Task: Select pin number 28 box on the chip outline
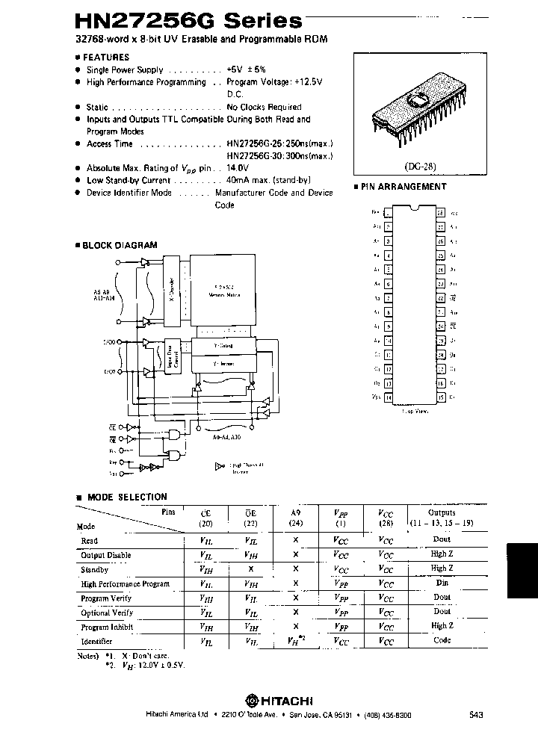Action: [442, 213]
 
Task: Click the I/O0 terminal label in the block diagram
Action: [110, 341]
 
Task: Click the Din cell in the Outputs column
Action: [442, 583]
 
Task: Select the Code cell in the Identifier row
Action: [442, 640]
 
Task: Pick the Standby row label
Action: [95, 569]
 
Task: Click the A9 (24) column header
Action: [296, 518]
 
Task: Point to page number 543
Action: [476, 715]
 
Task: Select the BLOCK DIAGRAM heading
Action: [119, 245]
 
